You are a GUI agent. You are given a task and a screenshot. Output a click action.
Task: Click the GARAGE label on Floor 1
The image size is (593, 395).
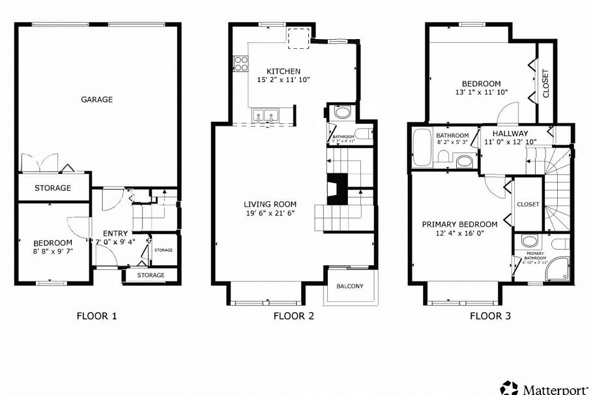(x=96, y=100)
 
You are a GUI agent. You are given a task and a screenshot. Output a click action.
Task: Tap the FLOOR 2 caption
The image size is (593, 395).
(x=293, y=316)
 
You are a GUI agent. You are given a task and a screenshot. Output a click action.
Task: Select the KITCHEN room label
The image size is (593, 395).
(x=283, y=71)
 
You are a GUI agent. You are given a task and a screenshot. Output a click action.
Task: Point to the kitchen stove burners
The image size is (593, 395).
(x=241, y=63)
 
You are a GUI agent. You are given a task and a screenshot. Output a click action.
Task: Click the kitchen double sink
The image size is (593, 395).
(x=265, y=117)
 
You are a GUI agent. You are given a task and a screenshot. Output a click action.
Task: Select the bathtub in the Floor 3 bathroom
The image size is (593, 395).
(x=420, y=147)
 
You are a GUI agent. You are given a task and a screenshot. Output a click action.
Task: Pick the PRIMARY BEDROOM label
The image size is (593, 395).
(x=459, y=224)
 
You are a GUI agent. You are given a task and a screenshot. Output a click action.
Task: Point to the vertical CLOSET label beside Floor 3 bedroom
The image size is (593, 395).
(x=546, y=83)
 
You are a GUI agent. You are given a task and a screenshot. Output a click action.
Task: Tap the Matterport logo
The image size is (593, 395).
(x=546, y=388)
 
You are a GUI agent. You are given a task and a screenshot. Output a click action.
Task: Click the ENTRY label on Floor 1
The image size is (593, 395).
(x=115, y=233)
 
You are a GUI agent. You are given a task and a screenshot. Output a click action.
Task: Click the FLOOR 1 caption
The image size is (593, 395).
(x=96, y=316)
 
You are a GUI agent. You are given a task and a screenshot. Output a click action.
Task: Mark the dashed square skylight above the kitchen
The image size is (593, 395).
(x=298, y=38)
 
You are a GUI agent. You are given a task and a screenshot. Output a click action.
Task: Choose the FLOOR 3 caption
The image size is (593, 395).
(x=490, y=316)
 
